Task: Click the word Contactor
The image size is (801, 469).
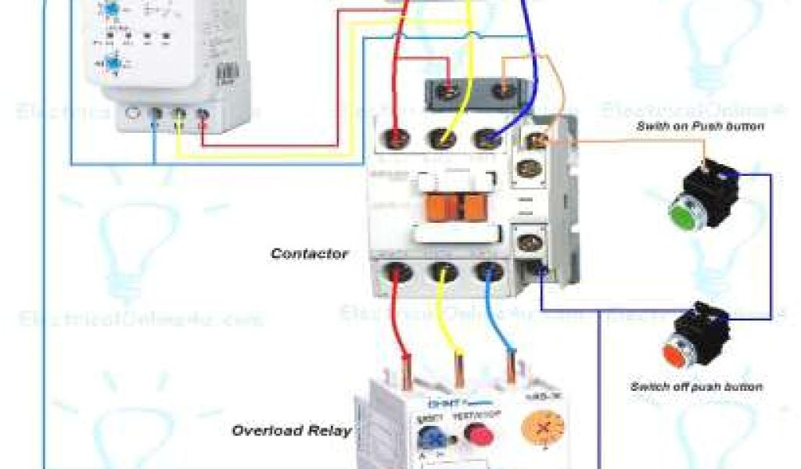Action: click(x=309, y=253)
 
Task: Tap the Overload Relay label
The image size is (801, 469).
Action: click(x=291, y=431)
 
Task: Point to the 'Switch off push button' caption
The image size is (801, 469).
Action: click(x=696, y=386)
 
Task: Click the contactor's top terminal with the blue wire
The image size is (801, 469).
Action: click(x=487, y=139)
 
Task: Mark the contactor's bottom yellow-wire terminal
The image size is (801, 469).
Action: click(x=444, y=274)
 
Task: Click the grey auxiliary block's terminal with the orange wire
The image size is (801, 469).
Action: click(x=504, y=91)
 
